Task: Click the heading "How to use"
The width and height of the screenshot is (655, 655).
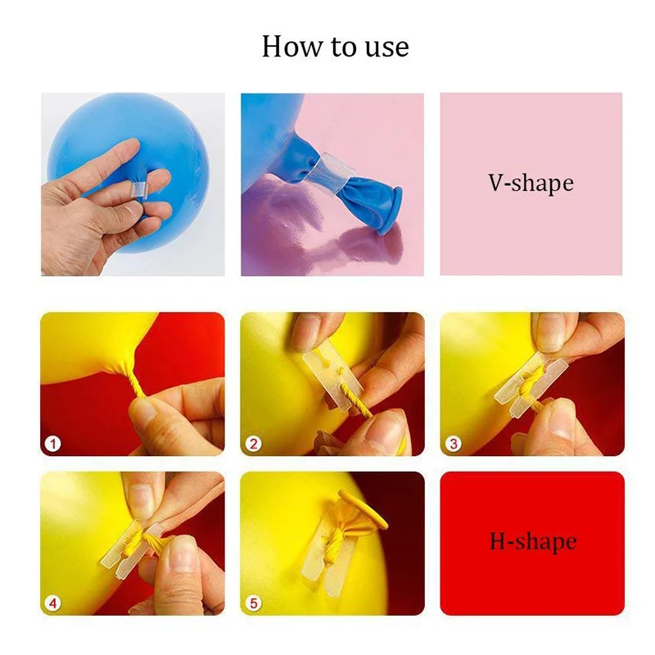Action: [x=335, y=46]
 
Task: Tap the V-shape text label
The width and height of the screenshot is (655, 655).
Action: [x=531, y=183]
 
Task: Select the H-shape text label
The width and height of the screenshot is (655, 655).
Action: [x=533, y=541]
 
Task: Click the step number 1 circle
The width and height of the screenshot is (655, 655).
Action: [x=53, y=443]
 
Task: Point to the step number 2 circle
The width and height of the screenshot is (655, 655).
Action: [x=254, y=443]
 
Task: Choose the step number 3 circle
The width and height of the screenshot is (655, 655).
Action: [x=454, y=443]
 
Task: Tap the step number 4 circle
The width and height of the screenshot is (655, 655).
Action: [x=53, y=603]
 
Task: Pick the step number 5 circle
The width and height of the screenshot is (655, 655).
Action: [x=254, y=603]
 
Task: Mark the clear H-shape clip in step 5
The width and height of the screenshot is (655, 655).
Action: [x=327, y=556]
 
